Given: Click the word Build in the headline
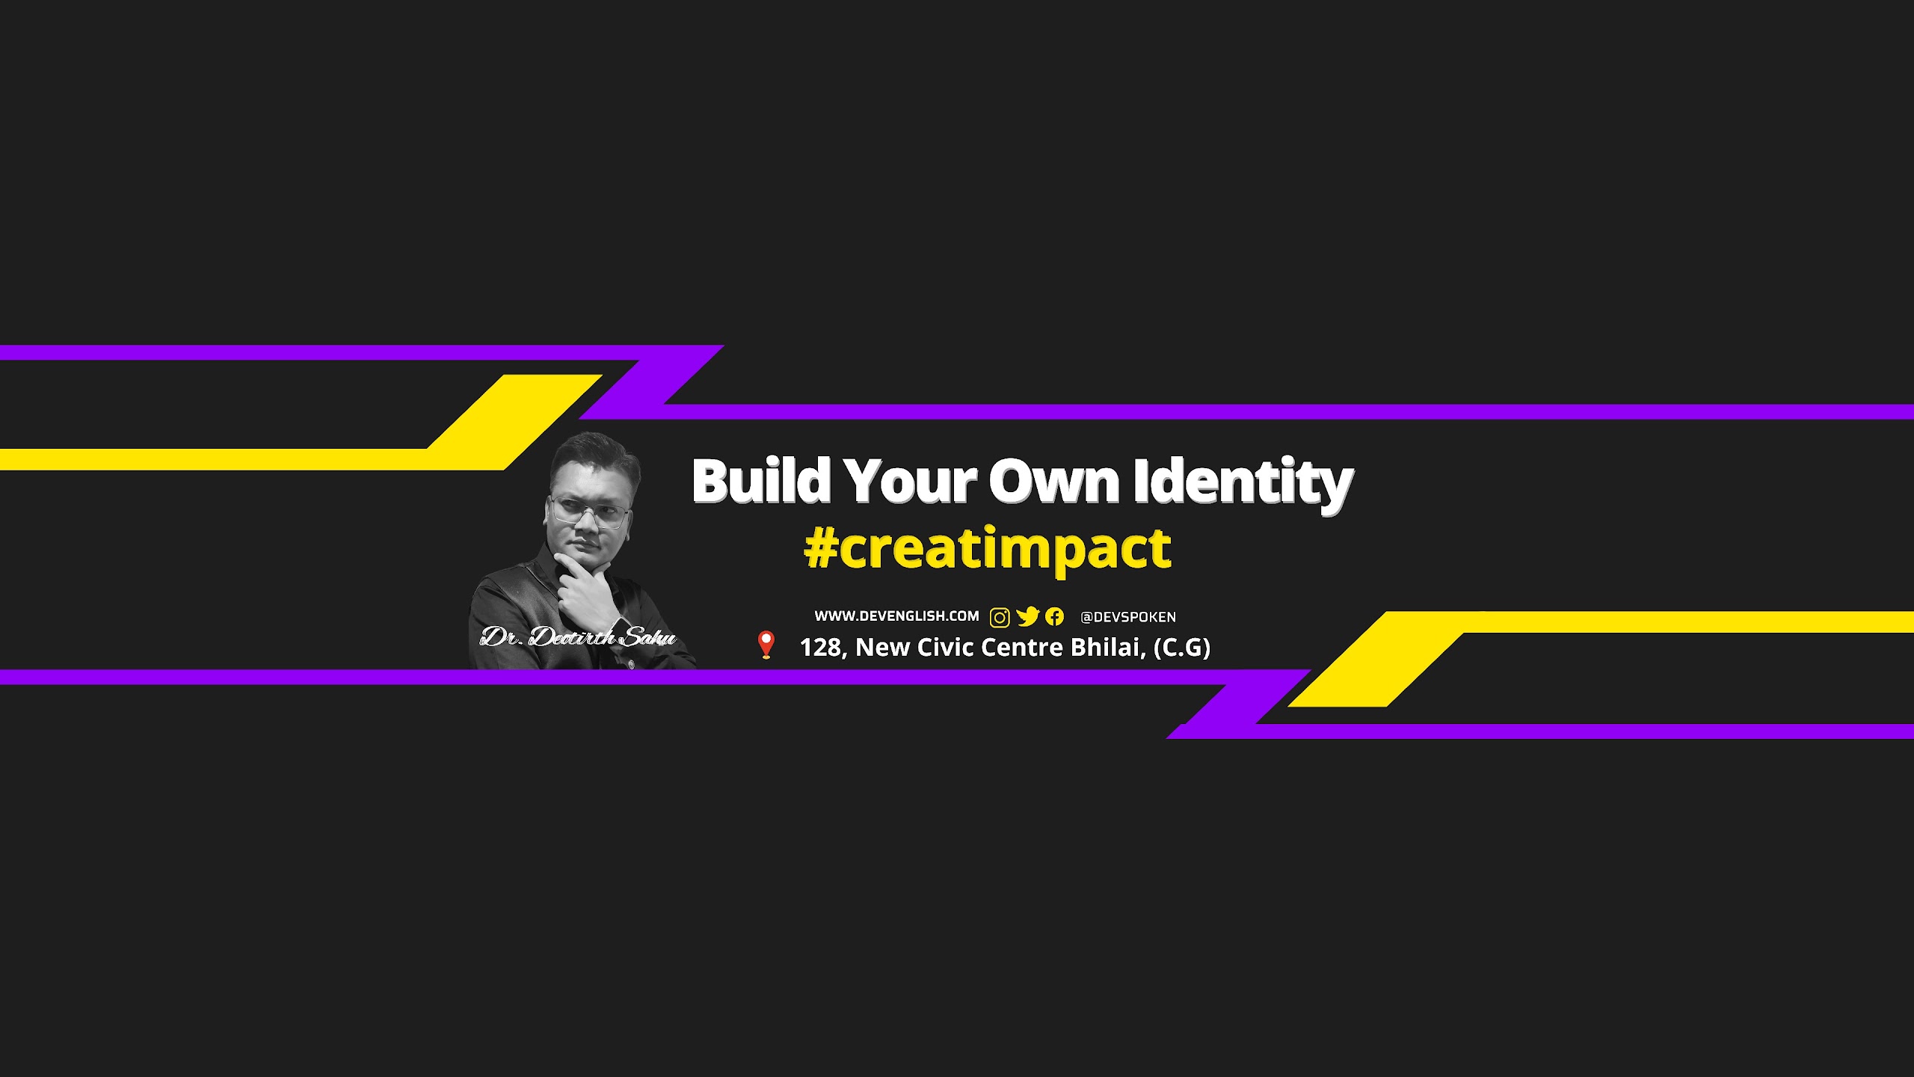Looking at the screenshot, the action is pos(762,480).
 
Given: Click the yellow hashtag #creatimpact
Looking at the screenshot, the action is pos(988,549).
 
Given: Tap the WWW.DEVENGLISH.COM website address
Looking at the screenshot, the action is pos(896,616).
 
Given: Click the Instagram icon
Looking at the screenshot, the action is pos(1000,617).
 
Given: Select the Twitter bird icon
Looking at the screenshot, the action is pos(1028,616).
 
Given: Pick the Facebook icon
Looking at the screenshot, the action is pos(1054,616).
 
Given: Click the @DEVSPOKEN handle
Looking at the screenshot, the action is pos(1128,617).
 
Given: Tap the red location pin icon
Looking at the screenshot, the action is pos(766,645).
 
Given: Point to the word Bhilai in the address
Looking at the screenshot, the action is pos(1108,648).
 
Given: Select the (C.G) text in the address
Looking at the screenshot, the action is pos(1182,648).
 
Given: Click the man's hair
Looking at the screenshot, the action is pos(594,452).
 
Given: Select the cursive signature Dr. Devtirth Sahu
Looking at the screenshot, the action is pos(578,637).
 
